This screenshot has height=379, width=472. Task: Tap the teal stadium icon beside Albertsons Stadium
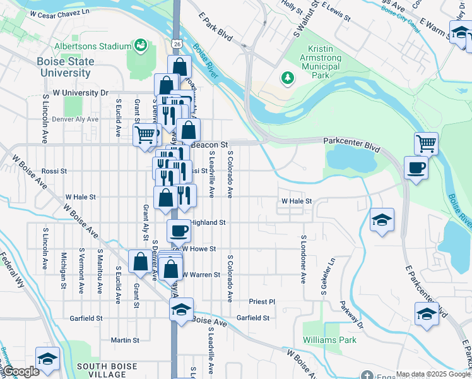[140, 45]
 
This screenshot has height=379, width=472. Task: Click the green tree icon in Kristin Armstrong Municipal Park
[288, 78]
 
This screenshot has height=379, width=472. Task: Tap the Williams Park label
[329, 339]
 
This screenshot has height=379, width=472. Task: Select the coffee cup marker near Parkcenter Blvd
[416, 168]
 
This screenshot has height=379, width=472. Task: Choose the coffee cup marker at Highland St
[179, 231]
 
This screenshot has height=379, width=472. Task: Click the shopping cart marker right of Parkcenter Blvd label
[427, 143]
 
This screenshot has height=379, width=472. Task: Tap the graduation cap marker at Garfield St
[181, 310]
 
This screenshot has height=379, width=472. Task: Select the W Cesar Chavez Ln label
[60, 13]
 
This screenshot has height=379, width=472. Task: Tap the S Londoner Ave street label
[303, 259]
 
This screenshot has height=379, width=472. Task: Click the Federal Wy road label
[12, 271]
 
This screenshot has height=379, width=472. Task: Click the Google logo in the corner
[20, 371]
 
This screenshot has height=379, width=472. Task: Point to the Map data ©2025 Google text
[433, 374]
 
